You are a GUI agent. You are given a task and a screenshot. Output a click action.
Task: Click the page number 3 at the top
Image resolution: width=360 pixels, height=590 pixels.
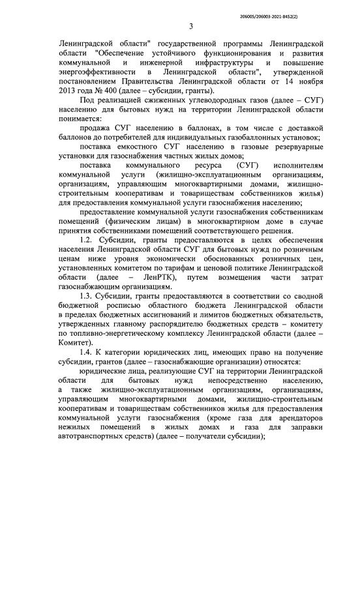pos(191,26)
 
